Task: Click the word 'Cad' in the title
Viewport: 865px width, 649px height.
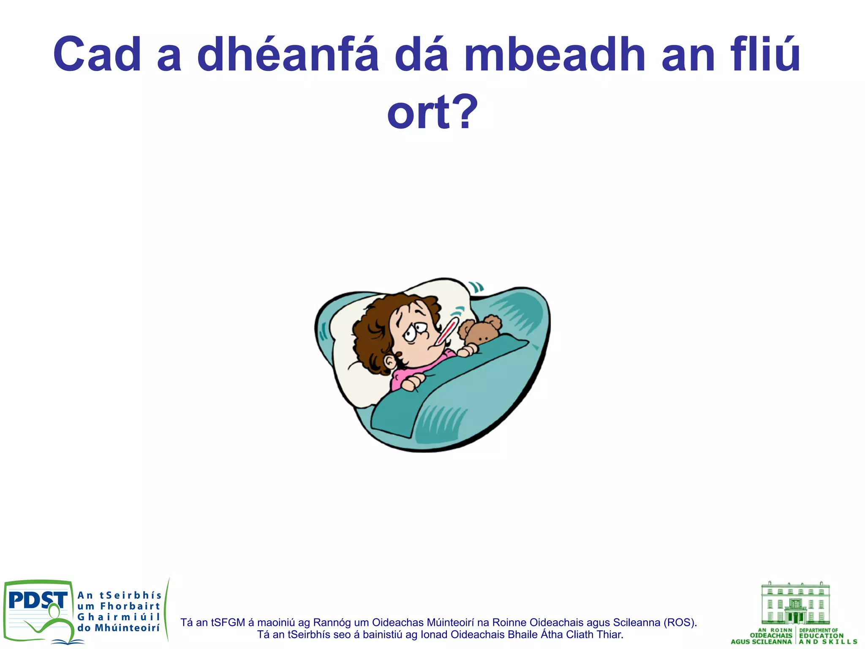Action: click(x=97, y=55)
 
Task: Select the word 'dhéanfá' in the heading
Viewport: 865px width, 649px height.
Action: click(x=288, y=55)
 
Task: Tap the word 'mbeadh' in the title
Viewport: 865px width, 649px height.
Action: click(x=555, y=55)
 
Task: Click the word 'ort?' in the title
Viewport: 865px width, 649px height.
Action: click(x=432, y=112)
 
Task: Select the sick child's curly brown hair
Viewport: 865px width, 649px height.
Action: click(x=372, y=334)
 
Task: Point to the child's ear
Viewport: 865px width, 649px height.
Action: click(x=390, y=362)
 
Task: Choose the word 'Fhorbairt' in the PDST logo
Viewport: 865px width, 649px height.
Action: click(x=130, y=606)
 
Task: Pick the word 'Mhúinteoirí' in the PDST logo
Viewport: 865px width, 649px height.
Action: click(x=127, y=628)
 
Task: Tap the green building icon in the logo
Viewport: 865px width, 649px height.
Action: click(x=795, y=605)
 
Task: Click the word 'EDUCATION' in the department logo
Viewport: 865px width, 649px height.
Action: click(x=821, y=635)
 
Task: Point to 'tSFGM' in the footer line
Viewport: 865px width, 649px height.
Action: click(x=228, y=622)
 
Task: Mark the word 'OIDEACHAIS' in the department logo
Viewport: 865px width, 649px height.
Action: click(x=771, y=635)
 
